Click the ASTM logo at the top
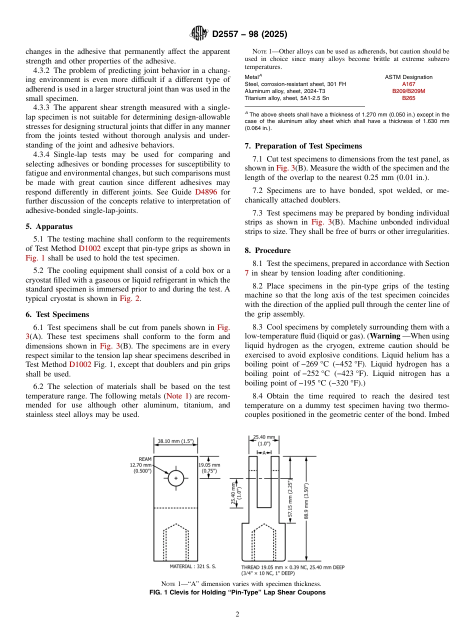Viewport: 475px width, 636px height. tap(199, 34)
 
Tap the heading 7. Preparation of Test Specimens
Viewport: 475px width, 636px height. tap(303, 146)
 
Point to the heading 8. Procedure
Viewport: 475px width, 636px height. tap(267, 250)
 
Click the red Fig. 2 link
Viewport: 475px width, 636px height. tap(129, 298)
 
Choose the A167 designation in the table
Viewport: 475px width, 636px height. tap(408, 84)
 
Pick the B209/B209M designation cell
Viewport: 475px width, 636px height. tap(408, 91)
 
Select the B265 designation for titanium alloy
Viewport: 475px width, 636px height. tap(408, 98)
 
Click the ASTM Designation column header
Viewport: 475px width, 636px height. tap(408, 77)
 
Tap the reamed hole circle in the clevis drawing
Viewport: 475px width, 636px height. tap(175, 478)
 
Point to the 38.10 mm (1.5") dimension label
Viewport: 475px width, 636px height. tap(175, 441)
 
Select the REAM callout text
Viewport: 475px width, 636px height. tap(145, 459)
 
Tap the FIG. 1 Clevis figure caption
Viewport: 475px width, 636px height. tap(237, 592)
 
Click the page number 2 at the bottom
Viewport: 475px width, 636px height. tap(237, 614)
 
